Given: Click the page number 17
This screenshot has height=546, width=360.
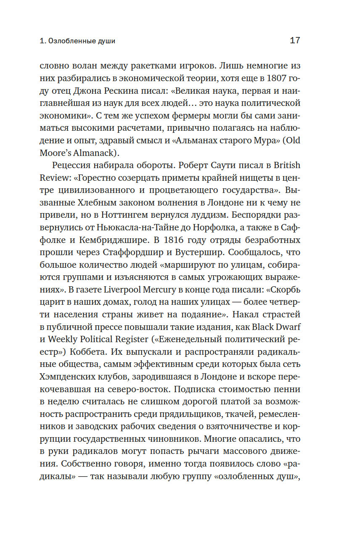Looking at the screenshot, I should [x=295, y=41].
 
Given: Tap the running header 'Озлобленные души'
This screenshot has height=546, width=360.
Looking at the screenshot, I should [x=82, y=41].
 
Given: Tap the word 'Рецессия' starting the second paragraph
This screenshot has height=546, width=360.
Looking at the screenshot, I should [x=71, y=165].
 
